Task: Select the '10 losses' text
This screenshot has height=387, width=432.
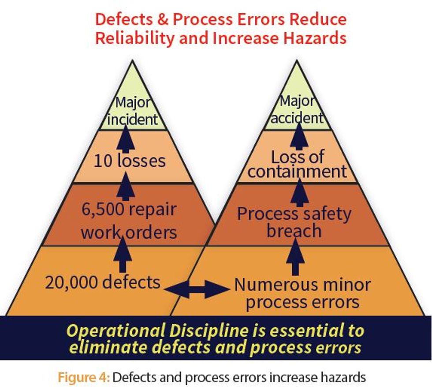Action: [x=130, y=160]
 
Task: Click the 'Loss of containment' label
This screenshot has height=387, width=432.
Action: [x=298, y=164]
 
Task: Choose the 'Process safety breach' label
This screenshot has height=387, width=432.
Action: [x=294, y=222]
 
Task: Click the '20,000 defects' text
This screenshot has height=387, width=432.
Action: [x=103, y=282]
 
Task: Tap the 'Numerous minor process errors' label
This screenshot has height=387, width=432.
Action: [x=302, y=293]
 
